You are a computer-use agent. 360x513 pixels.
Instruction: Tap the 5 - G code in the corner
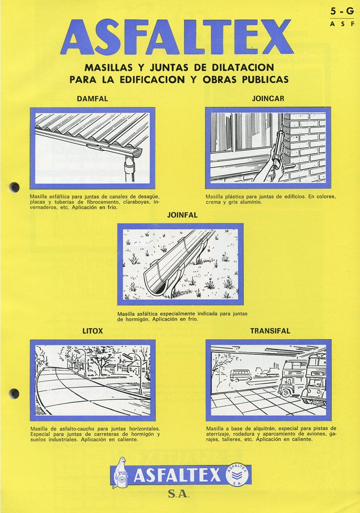342,12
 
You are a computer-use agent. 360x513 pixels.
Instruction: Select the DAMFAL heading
92,99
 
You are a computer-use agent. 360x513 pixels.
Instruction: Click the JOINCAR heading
268,99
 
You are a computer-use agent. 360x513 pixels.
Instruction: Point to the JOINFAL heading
182,215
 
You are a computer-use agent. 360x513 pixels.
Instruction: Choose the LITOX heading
93,331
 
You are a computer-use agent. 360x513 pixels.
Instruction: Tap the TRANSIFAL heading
270,331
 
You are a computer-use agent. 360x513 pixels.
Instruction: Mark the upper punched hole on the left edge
15,187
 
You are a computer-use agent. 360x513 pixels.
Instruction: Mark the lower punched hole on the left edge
15,393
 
